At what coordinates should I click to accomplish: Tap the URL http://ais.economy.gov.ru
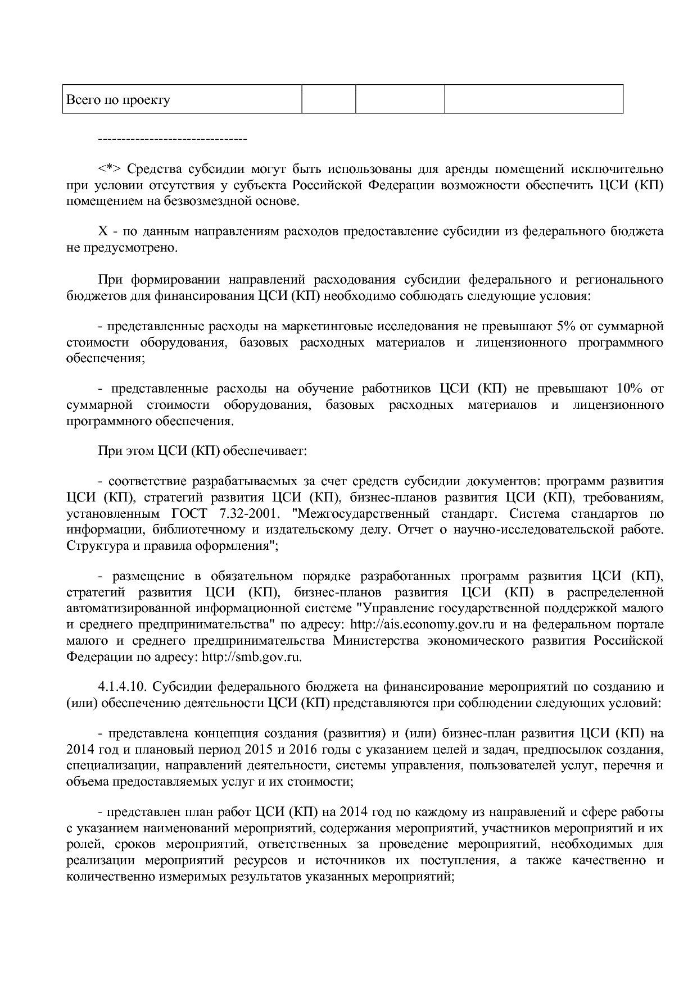[x=422, y=624]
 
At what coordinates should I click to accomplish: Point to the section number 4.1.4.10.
[x=123, y=687]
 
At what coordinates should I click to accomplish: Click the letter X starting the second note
[x=103, y=231]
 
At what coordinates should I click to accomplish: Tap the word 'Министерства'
[x=375, y=641]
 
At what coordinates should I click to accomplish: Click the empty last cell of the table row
[x=533, y=99]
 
